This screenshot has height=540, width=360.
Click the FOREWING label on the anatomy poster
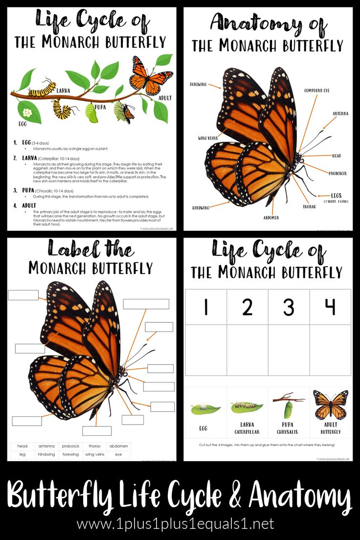coord(199,85)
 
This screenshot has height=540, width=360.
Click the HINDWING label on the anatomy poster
coord(200,207)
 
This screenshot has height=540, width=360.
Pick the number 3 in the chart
coord(289,307)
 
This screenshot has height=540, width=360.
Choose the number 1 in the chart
coord(206,307)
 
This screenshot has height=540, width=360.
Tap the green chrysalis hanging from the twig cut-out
coord(289,405)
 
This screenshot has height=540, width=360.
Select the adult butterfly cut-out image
coord(331,405)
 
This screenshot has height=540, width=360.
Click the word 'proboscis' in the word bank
coord(70,446)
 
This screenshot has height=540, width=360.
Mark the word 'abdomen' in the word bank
coord(118,446)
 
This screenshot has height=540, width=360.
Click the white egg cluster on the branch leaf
coord(27,112)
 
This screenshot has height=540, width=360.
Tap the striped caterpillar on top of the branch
coord(42,90)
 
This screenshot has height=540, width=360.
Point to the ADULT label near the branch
coord(165,98)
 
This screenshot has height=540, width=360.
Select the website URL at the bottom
coord(175,524)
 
